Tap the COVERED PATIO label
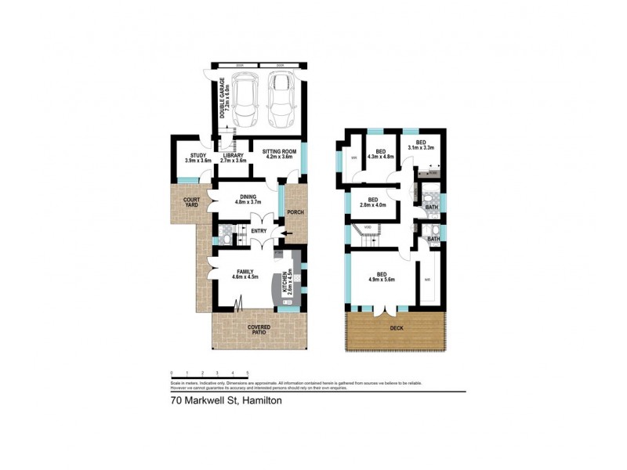click(258, 331)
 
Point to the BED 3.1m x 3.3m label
click(423, 145)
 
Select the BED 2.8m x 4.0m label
click(373, 202)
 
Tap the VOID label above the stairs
click(367, 226)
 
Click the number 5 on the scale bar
click(248, 373)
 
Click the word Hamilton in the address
click(263, 401)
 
